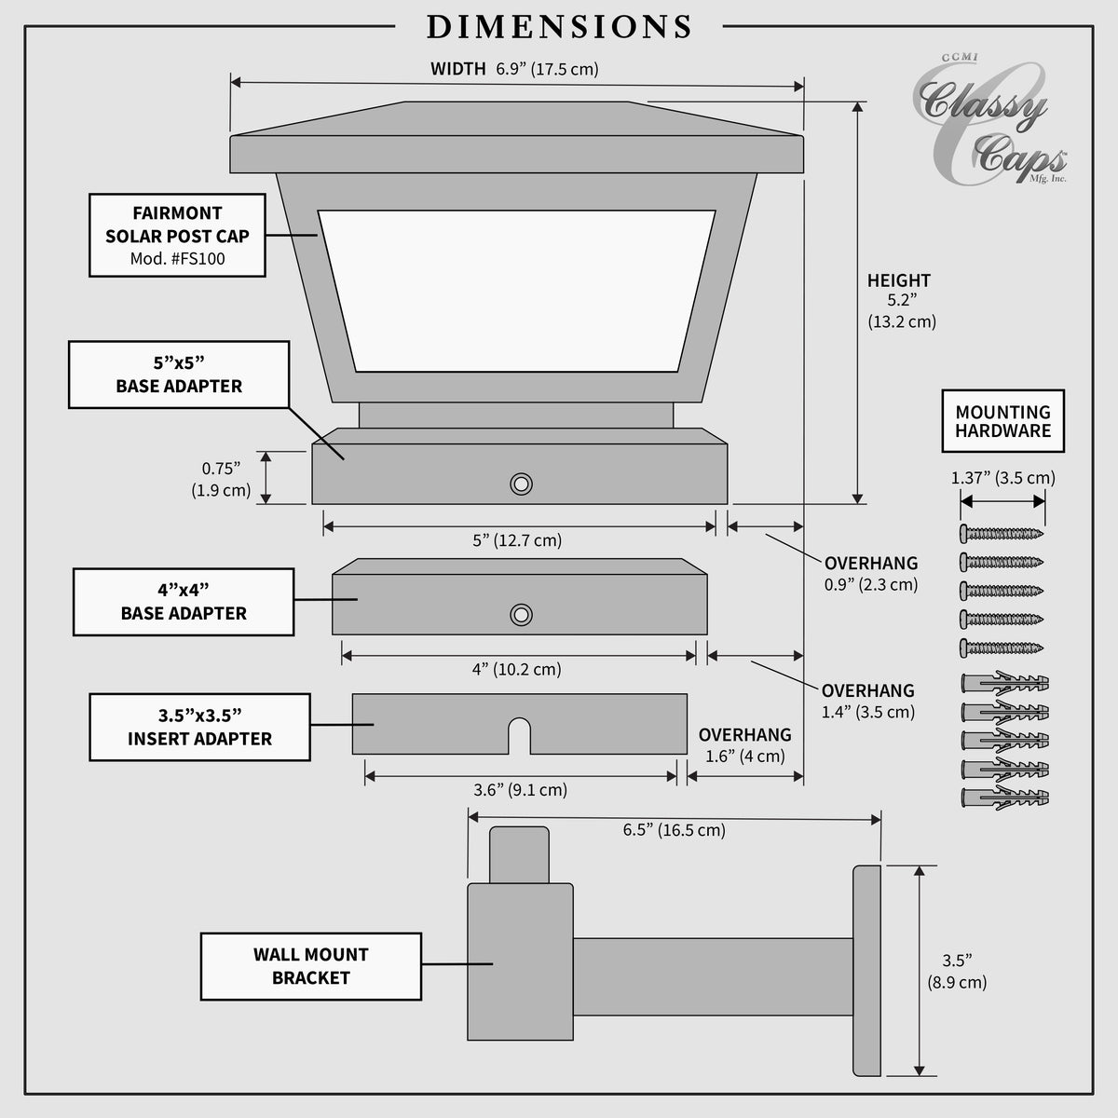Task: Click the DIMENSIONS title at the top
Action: (559, 27)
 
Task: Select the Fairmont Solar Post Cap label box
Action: (178, 235)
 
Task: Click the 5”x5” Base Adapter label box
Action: (179, 375)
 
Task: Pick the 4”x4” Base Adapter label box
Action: (184, 602)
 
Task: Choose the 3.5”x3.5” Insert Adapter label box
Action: (199, 727)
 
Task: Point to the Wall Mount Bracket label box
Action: (311, 966)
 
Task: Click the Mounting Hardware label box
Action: (1003, 421)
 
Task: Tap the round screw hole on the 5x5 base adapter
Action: (521, 484)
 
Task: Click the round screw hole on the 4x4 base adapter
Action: (521, 615)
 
